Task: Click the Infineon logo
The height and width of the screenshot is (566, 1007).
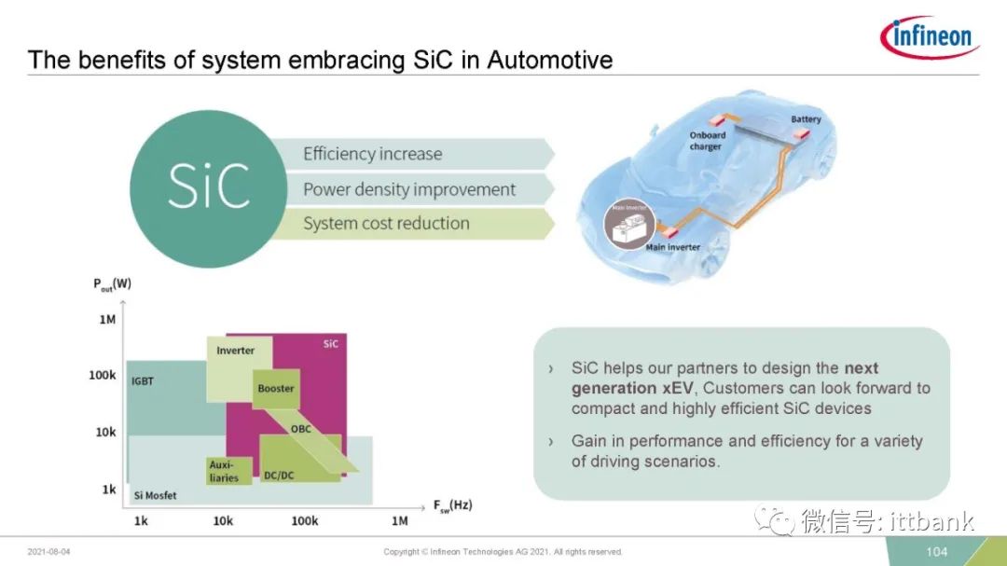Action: [x=930, y=36]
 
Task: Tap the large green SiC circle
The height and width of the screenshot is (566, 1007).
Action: [x=208, y=189]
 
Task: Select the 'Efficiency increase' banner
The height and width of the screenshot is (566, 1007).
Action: [x=411, y=154]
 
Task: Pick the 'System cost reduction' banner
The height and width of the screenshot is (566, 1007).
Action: [x=411, y=224]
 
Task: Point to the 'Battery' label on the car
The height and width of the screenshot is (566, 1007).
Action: [x=806, y=119]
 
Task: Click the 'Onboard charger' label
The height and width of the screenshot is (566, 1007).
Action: [x=707, y=141]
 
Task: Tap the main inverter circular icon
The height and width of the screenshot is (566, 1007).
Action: [x=629, y=224]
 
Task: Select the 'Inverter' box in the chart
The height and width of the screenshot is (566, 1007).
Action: [x=239, y=368]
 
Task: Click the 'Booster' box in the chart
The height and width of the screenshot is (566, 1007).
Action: [x=276, y=389]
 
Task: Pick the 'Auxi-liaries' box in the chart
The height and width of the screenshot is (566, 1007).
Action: [x=229, y=471]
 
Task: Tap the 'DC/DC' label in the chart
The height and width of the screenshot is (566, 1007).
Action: [x=279, y=476]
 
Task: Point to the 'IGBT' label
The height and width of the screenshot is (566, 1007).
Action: [x=143, y=381]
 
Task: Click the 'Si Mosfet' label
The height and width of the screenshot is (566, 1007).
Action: [x=155, y=495]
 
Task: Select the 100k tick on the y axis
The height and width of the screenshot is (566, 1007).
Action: [x=103, y=375]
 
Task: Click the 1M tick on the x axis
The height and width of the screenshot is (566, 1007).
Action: [x=399, y=521]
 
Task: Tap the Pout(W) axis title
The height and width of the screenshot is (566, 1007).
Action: [x=113, y=284]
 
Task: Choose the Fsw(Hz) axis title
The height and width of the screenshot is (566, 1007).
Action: [x=453, y=505]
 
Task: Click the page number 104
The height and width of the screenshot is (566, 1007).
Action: [x=937, y=552]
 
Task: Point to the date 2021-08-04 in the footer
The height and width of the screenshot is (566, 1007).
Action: [x=48, y=552]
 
